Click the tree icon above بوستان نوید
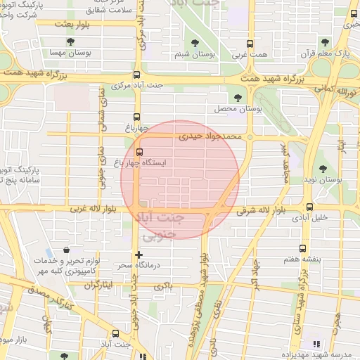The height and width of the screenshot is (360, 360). tap(323, 169)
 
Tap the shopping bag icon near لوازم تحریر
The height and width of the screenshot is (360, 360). tap(66, 250)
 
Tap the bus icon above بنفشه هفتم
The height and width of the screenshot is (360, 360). tap(303, 248)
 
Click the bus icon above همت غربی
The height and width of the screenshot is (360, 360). tap(252, 40)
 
